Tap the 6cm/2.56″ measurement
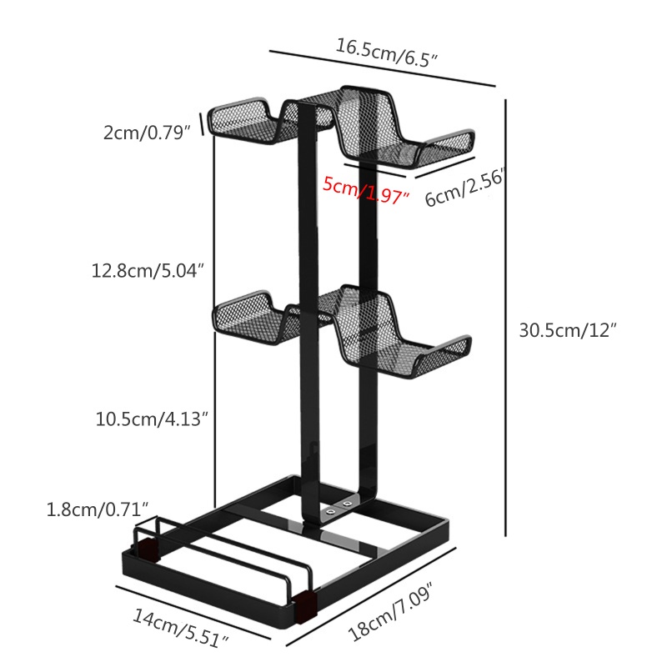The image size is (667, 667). point(465,188)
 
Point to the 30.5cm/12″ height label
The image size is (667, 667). point(567,329)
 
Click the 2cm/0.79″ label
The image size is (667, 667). point(148,132)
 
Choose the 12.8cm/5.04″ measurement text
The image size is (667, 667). point(148,270)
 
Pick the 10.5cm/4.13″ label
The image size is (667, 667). point(149,419)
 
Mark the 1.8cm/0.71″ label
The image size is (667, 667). point(97,508)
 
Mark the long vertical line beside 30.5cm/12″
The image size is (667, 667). point(505,317)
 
